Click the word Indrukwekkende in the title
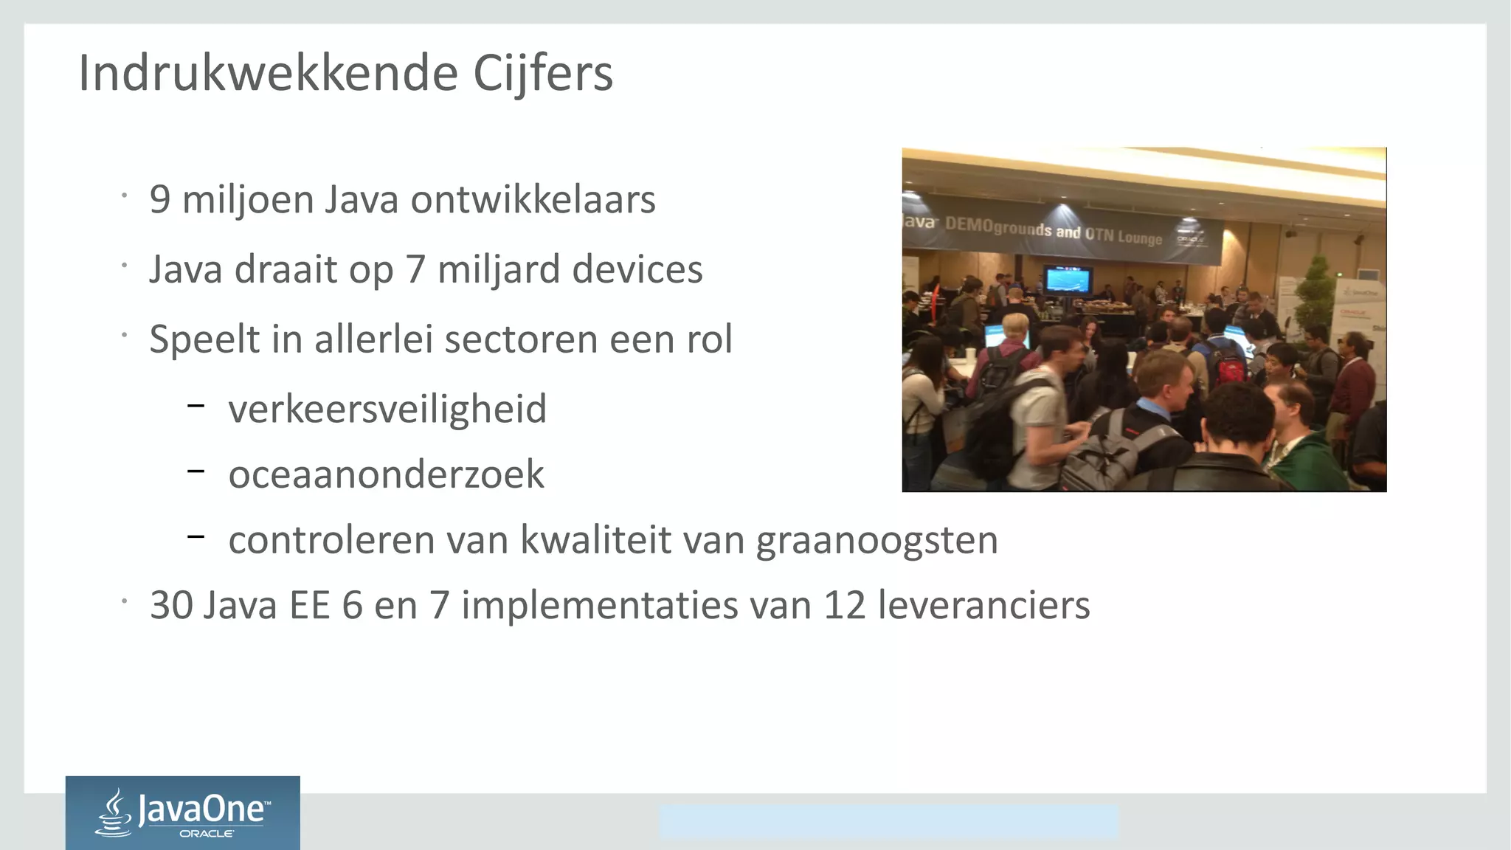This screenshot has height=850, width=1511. point(269,73)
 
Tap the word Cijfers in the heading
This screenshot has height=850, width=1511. point(542,73)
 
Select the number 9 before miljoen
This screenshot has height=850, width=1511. point(160,200)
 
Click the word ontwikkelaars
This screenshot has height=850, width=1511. point(533,200)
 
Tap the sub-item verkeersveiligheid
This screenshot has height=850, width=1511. point(387,409)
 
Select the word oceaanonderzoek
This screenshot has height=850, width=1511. point(386,474)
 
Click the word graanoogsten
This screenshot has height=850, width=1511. point(877,540)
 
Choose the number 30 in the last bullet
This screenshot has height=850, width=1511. point(172,606)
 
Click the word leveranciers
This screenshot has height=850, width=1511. point(983,606)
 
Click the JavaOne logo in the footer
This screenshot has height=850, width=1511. point(183,812)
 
